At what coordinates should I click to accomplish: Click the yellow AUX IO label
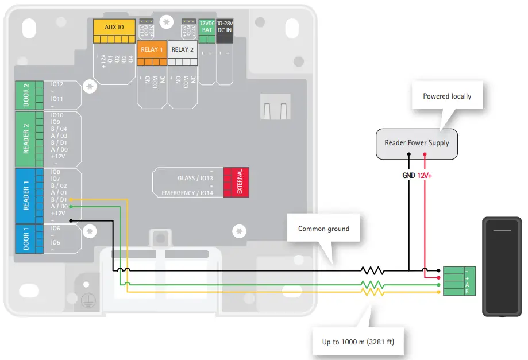[x=114, y=27]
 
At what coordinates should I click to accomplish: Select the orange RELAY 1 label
[x=152, y=49]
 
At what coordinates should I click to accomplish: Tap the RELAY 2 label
[x=183, y=49]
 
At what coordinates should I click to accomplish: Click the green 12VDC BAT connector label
[x=206, y=26]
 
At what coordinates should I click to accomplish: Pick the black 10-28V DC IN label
[x=225, y=26]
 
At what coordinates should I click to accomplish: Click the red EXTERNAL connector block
[x=236, y=183]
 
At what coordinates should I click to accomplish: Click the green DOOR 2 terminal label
[x=25, y=95]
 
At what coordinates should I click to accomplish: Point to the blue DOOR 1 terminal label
[x=25, y=238]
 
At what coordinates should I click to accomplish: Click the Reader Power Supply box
[x=417, y=143]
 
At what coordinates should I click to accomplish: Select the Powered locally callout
[x=447, y=96]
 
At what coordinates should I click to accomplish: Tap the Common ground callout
[x=323, y=229]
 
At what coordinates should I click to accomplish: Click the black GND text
[x=408, y=175]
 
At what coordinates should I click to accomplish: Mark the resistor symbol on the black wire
[x=372, y=270]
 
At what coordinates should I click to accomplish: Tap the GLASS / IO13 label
[x=195, y=178]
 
